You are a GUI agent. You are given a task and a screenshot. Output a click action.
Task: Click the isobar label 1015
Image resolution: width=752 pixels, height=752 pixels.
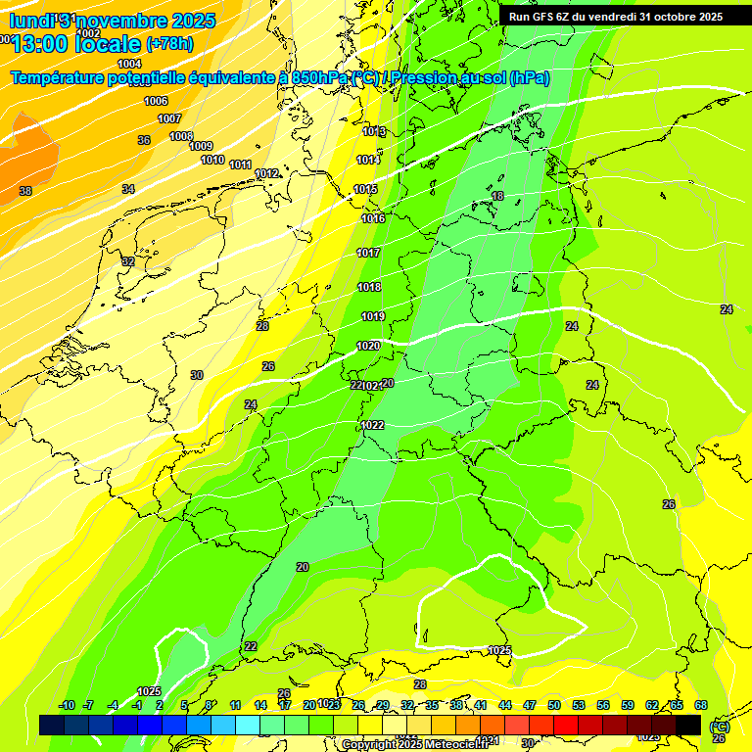coord(366,189)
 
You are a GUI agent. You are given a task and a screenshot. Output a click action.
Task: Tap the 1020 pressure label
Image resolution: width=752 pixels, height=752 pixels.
coord(368,346)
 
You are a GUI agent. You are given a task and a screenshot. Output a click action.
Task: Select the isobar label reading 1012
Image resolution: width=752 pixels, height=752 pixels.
coord(266,173)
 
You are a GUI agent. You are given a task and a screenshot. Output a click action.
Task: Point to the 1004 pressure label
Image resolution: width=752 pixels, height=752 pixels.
coord(129,64)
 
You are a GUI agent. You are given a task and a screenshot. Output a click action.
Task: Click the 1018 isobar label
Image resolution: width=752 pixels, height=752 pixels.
coord(369,287)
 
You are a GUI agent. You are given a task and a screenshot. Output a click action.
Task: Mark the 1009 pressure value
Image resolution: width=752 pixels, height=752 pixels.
coord(201,146)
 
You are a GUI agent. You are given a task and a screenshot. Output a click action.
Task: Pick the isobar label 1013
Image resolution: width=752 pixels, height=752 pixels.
coord(374,131)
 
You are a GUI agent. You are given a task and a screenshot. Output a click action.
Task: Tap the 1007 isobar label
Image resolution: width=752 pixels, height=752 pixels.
coord(169,118)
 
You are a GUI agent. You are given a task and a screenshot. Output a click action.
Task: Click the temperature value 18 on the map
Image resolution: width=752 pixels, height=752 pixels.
coord(497,196)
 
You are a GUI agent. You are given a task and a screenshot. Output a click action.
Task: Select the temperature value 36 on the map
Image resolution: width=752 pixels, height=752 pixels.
coord(144,140)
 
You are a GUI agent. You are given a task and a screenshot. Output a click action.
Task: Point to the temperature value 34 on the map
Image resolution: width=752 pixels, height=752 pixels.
coord(128,188)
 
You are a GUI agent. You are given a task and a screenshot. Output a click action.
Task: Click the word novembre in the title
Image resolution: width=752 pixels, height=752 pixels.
coord(121,20)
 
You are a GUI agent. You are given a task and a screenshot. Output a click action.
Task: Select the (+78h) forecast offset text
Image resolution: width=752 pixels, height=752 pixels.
coord(169,44)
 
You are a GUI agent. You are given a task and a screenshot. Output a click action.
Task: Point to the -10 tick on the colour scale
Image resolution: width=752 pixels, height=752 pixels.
coord(67,705)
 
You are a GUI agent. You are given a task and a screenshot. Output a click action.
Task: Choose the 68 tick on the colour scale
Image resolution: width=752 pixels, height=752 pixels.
coord(701,705)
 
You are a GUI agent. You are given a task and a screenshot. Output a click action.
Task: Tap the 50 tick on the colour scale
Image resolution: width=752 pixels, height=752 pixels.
coord(554,705)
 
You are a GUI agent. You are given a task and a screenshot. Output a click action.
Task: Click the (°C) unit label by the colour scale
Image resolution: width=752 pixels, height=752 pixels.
coord(719,727)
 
